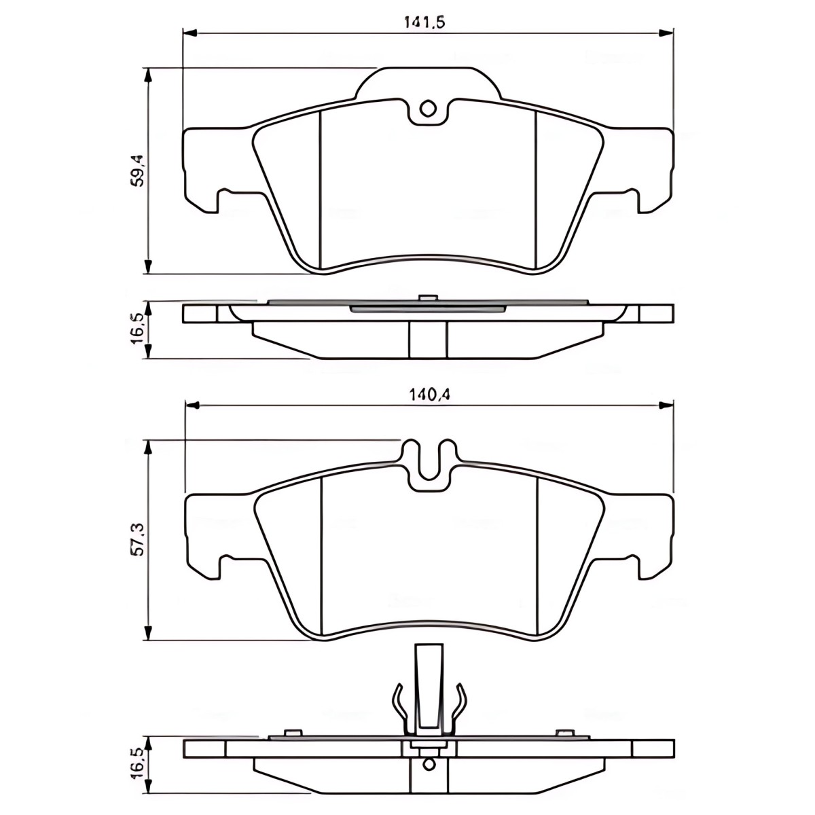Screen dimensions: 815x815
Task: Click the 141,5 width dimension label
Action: coord(425,22)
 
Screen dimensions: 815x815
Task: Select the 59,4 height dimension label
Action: coord(138,171)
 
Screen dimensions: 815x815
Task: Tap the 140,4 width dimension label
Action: coord(429,395)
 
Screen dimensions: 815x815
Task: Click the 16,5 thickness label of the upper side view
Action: coord(138,329)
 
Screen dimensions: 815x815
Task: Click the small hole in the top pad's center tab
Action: coord(428,109)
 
